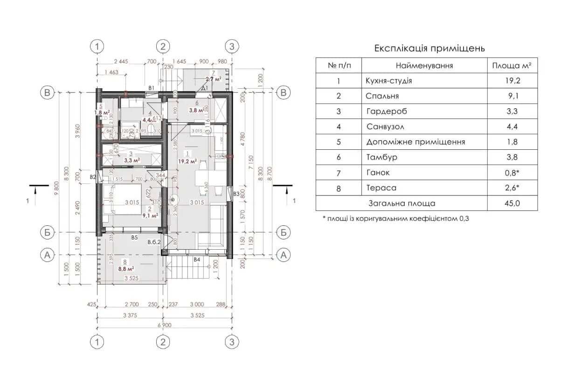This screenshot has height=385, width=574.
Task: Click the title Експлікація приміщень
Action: (429, 48)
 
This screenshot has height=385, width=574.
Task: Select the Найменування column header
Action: (424, 66)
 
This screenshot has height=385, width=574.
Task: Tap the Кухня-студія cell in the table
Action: (389, 81)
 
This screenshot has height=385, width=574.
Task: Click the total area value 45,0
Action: (512, 203)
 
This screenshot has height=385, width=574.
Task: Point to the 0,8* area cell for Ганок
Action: (512, 173)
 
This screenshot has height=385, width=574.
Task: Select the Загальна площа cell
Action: (401, 203)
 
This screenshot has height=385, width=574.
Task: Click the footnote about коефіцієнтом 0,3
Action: (395, 218)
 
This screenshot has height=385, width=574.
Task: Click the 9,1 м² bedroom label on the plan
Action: (149, 215)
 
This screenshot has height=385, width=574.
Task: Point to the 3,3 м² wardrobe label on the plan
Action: (132, 160)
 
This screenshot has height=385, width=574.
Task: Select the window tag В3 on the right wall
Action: (236, 194)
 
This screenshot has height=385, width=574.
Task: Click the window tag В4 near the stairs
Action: (197, 259)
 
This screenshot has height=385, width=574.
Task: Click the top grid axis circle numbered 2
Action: (163, 46)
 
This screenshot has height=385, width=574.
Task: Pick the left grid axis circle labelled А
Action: (46, 254)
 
